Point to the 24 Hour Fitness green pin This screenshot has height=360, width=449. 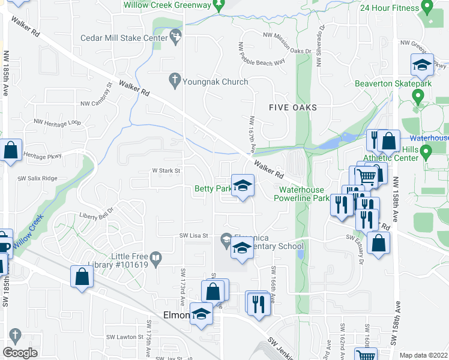[427, 7]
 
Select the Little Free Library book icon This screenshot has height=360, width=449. [156, 259]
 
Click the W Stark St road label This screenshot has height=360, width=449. [166, 171]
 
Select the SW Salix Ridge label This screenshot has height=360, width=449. [37, 178]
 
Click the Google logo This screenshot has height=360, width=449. [20, 353]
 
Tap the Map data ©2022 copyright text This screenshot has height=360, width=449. [424, 355]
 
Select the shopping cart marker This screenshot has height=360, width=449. [365, 176]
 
